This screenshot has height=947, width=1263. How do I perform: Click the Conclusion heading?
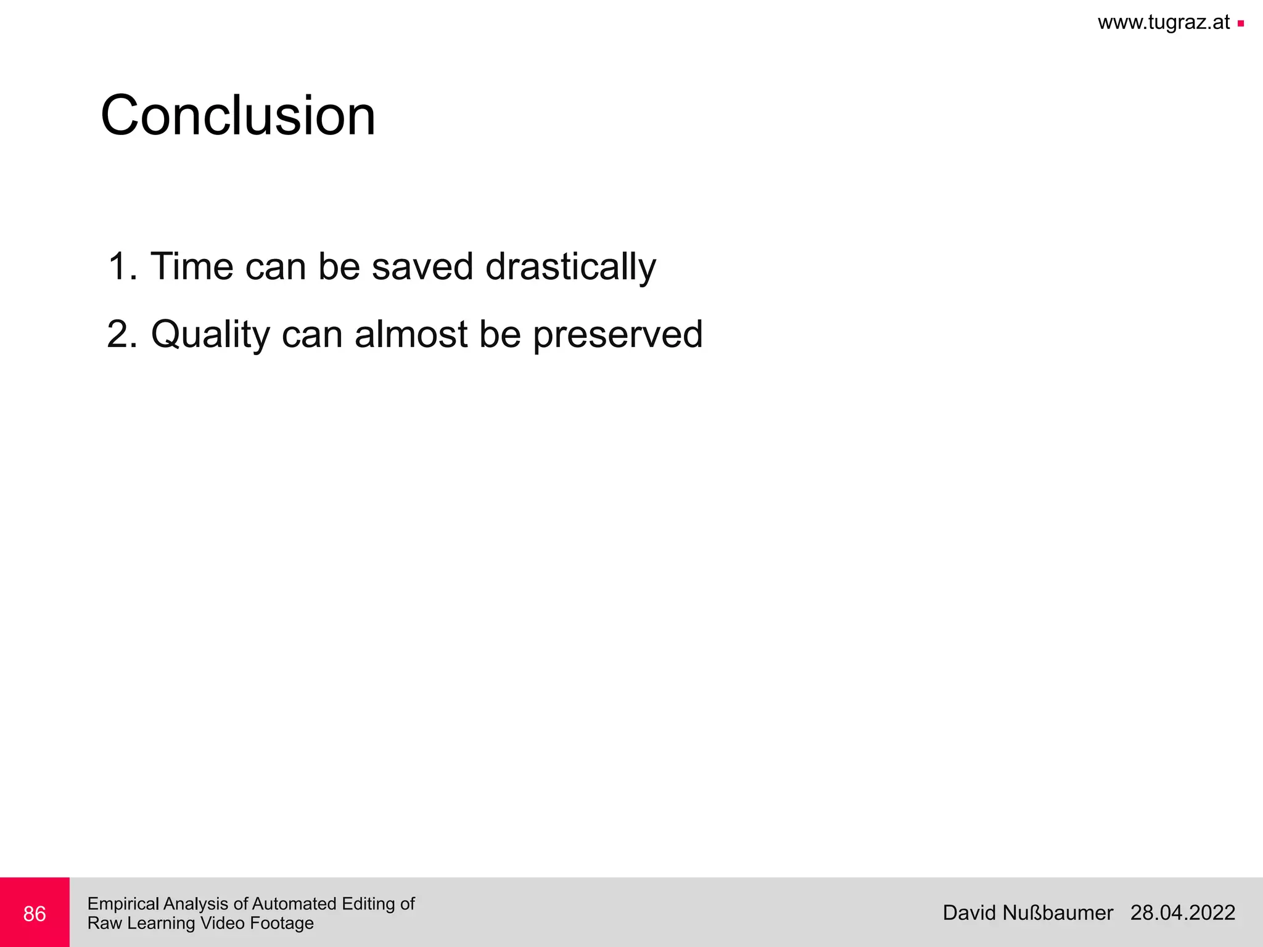[x=238, y=116]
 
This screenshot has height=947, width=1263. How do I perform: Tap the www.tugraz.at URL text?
[x=1164, y=23]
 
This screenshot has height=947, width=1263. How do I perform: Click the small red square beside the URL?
[x=1241, y=24]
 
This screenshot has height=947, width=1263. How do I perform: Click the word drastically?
[x=570, y=268]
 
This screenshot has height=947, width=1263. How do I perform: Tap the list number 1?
[x=120, y=266]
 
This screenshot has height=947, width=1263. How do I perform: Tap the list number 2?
[x=120, y=334]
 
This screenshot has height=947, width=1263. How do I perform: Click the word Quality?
[x=210, y=335]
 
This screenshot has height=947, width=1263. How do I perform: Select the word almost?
[x=411, y=334]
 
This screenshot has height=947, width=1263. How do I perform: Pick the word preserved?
[x=617, y=335]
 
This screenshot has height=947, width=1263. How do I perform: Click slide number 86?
[x=35, y=914]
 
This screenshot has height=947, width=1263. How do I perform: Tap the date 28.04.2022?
[x=1182, y=912]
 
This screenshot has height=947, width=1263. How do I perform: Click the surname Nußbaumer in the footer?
[x=1058, y=912]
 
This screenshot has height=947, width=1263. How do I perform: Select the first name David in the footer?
[x=969, y=912]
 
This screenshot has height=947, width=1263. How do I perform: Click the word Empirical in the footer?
[x=123, y=904]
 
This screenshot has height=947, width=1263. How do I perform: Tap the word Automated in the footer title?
[x=294, y=904]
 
